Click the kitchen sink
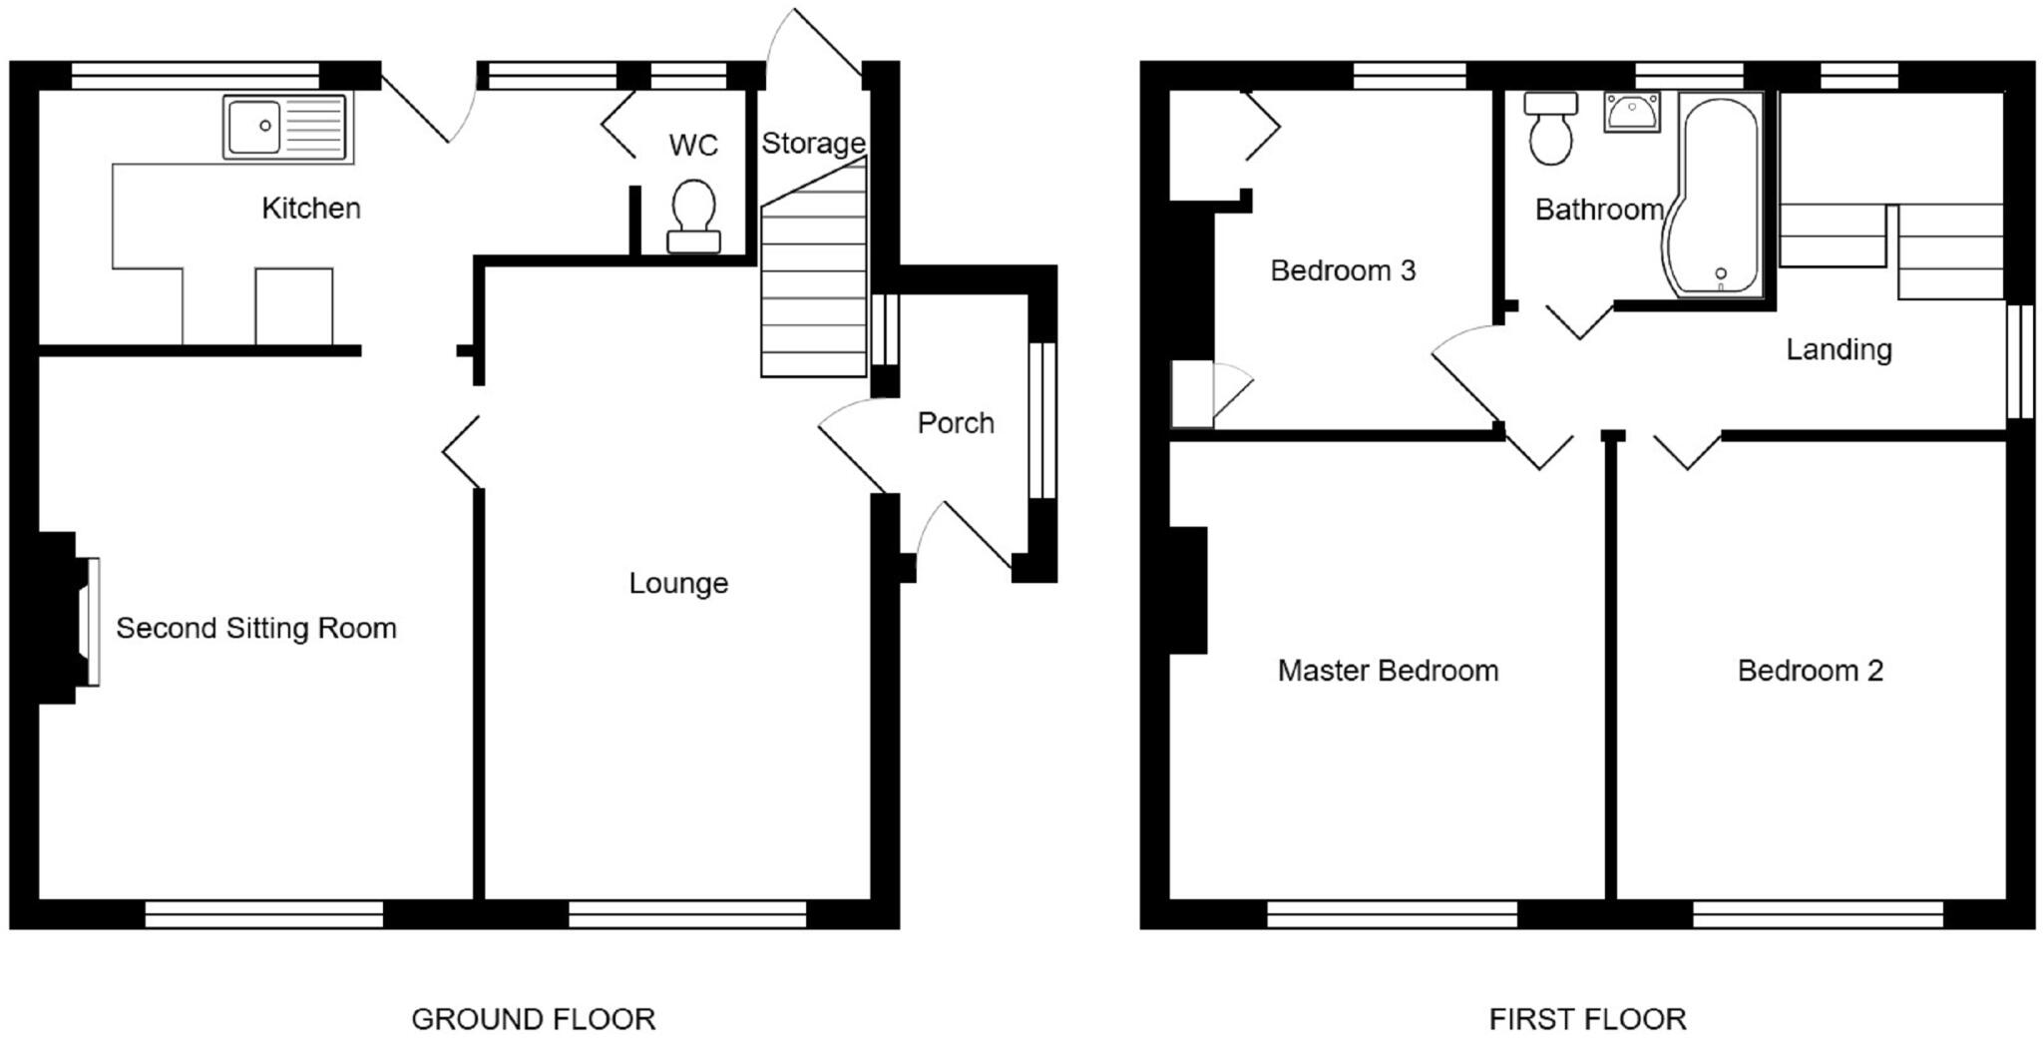pyautogui.click(x=285, y=128)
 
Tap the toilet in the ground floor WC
pyautogui.click(x=693, y=216)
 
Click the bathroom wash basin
pyautogui.click(x=1632, y=112)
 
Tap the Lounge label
pyautogui.click(x=678, y=583)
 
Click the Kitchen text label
pyautogui.click(x=310, y=208)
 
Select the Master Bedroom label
pyautogui.click(x=1388, y=670)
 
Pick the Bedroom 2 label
pyautogui.click(x=1810, y=670)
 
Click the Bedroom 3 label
pyautogui.click(x=1343, y=270)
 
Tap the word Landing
pyautogui.click(x=1839, y=349)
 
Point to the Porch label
pyautogui.click(x=956, y=423)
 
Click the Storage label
pyautogui.click(x=813, y=144)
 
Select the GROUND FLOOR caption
pyautogui.click(x=533, y=1019)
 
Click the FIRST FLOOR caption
pyautogui.click(x=1587, y=1019)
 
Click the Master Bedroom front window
pyautogui.click(x=1392, y=914)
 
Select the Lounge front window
pyautogui.click(x=687, y=914)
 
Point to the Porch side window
pyautogui.click(x=1041, y=420)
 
